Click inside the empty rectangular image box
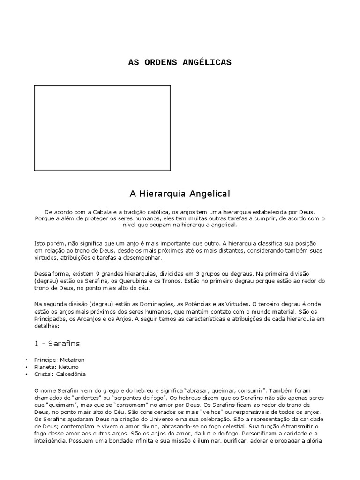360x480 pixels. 102,127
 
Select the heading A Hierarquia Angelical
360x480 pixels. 180,193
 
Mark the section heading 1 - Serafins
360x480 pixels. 57,344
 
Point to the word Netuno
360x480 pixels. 68,367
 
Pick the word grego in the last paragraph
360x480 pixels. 111,390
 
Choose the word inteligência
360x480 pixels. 51,441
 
